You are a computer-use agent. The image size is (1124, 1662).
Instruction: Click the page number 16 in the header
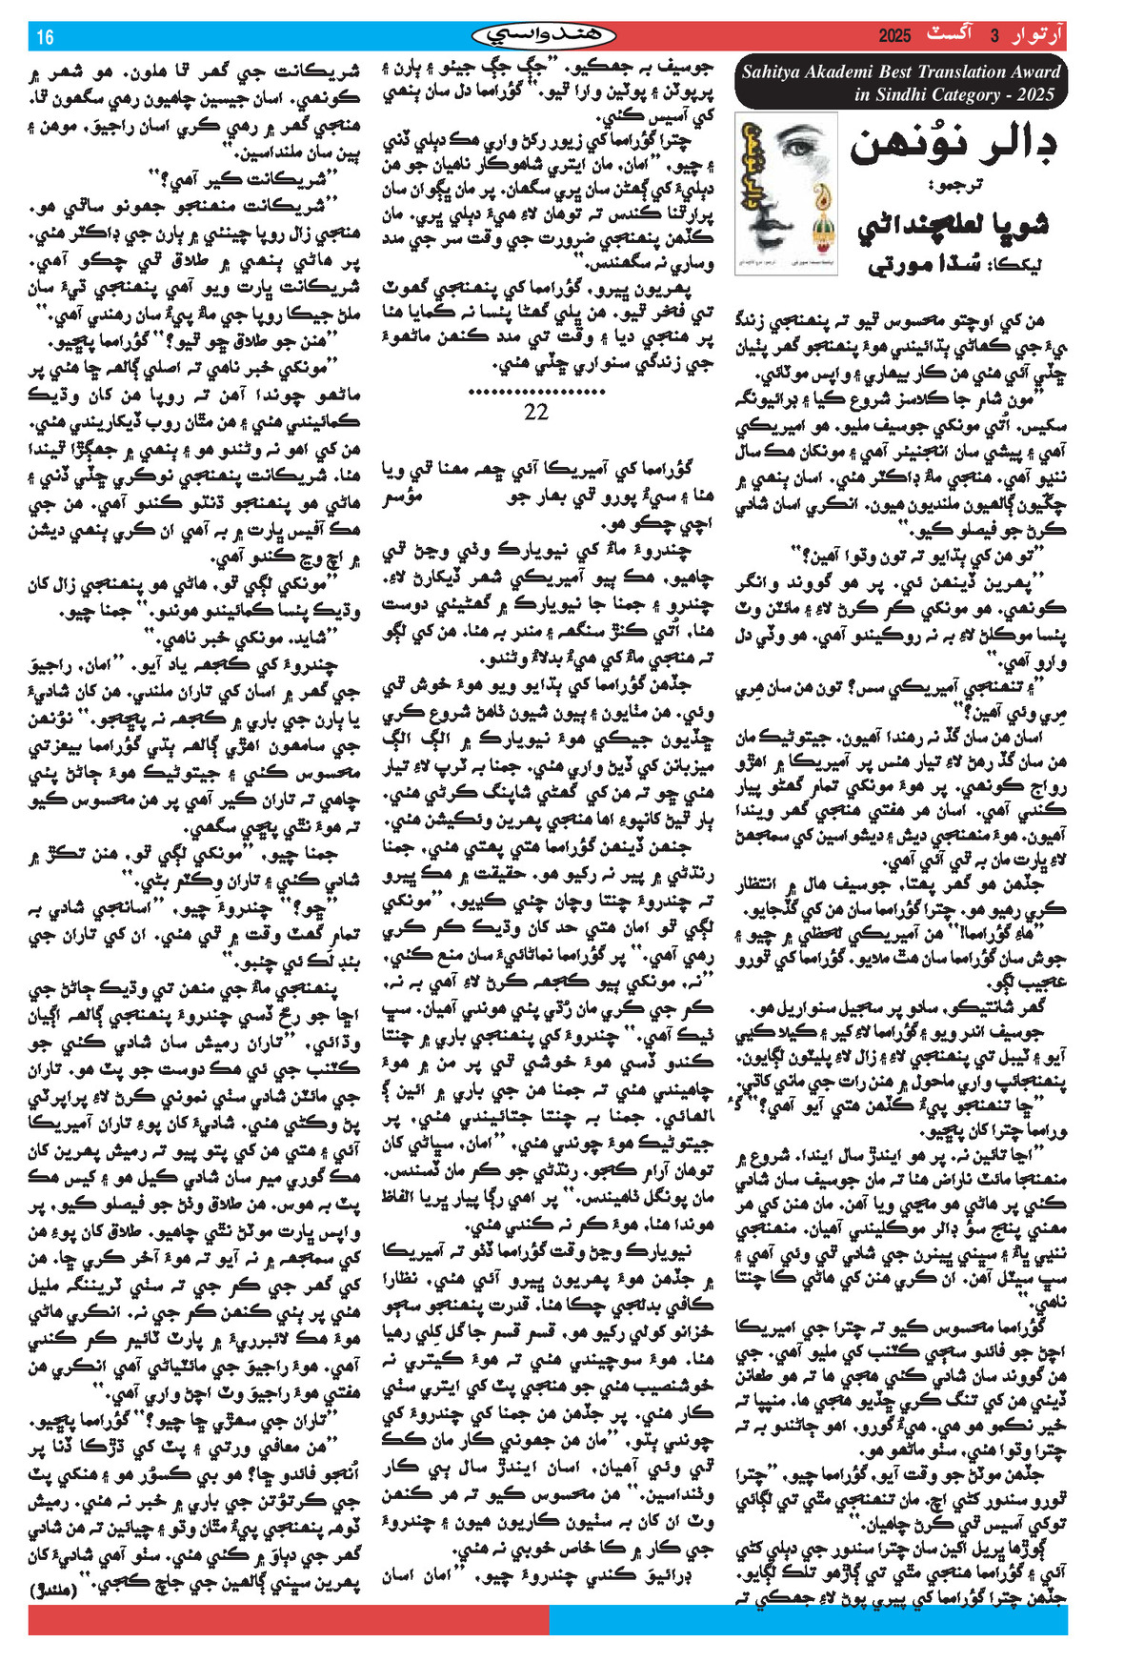[45, 37]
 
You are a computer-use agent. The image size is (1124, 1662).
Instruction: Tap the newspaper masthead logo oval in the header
[544, 36]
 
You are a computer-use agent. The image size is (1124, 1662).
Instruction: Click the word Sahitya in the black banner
[773, 71]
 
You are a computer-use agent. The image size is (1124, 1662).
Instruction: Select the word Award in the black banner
[1036, 71]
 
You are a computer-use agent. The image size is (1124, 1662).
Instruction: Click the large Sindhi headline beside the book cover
[953, 147]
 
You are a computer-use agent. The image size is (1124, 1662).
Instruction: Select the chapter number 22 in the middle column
[536, 412]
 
